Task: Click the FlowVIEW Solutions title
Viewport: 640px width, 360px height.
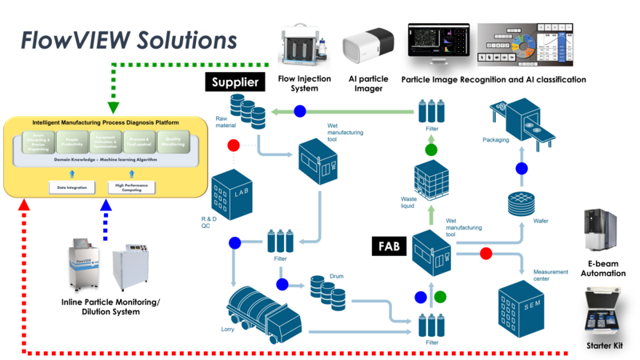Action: tap(128, 40)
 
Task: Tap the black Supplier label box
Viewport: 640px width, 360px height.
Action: tap(235, 82)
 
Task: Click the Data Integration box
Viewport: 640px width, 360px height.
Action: tap(72, 188)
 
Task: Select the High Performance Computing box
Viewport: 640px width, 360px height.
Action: tap(131, 188)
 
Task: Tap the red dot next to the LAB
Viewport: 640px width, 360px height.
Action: tap(234, 146)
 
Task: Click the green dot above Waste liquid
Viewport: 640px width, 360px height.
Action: tap(431, 150)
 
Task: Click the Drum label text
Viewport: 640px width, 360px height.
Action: tap(336, 276)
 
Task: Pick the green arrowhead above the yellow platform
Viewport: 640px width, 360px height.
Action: tap(113, 106)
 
